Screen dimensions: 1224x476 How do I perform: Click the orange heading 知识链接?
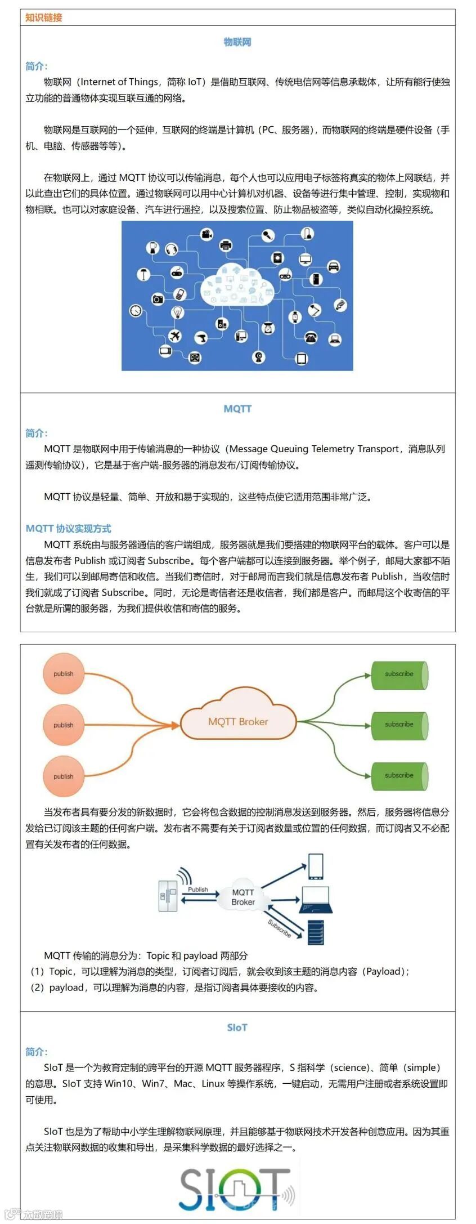click(x=43, y=17)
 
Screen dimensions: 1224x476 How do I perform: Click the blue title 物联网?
click(x=237, y=42)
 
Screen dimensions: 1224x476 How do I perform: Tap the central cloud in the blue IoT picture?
click(x=237, y=284)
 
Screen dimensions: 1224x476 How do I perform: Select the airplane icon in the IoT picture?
click(x=175, y=336)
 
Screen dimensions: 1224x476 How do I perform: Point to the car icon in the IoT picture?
click(x=334, y=266)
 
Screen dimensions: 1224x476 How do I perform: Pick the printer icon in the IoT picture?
click(x=226, y=245)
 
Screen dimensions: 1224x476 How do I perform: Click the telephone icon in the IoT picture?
click(x=311, y=337)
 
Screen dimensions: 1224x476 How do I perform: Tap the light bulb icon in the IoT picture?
click(x=178, y=311)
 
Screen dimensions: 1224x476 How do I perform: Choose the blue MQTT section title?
click(x=237, y=409)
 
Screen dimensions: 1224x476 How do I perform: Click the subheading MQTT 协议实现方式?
click(x=69, y=529)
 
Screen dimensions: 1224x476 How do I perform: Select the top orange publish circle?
click(x=64, y=673)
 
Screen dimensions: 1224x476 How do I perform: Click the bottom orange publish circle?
click(x=64, y=776)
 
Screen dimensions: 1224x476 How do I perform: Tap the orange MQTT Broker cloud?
click(x=238, y=721)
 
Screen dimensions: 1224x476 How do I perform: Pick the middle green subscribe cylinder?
click(x=399, y=725)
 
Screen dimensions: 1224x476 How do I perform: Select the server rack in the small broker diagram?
click(x=316, y=932)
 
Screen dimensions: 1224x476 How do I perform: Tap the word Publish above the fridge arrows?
click(x=198, y=890)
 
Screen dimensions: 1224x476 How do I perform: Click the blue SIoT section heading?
click(x=237, y=1028)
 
